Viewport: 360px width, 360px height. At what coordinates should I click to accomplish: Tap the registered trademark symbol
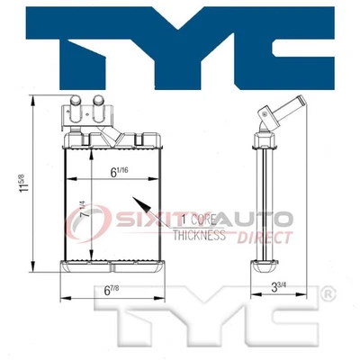tap(330, 293)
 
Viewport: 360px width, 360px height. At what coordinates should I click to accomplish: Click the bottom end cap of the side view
tap(265, 265)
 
